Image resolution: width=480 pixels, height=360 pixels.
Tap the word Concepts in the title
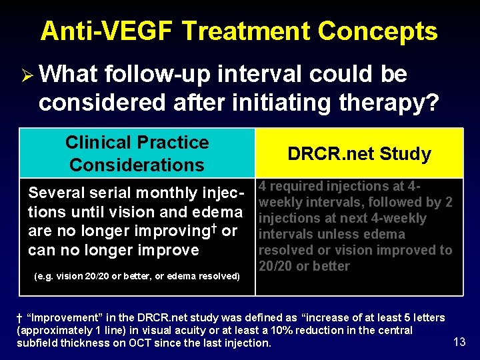coord(378,31)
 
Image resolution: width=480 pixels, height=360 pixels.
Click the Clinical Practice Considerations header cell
coord(137,153)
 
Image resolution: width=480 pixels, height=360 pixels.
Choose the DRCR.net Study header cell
coord(359,154)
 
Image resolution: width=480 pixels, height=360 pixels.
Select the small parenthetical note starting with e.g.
coord(137,276)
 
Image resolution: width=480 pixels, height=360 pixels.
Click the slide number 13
coord(459,342)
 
